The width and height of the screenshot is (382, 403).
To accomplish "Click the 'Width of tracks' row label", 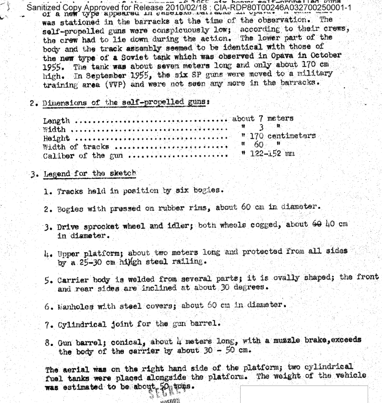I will click(75, 147).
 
